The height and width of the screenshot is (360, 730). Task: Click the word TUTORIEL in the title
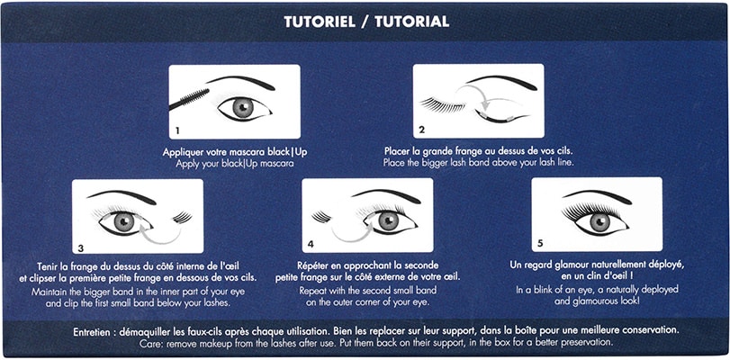coord(320,22)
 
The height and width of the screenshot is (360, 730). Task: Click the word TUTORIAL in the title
coord(411,22)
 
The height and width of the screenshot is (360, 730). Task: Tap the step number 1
coord(177,130)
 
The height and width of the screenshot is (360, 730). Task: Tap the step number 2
coord(422,130)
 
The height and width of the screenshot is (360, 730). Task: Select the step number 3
coord(80,248)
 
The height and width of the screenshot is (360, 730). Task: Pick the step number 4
coord(311,244)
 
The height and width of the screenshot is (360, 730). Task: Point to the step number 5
coord(539,243)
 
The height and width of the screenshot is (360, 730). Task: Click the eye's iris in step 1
coord(243,108)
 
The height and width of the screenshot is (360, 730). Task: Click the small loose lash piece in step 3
coord(182,218)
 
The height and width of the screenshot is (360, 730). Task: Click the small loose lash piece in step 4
coord(321,217)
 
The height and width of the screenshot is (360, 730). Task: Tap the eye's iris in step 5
coord(600,222)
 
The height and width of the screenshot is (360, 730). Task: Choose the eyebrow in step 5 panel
coord(598,194)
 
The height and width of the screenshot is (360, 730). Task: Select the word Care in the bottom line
coord(149,343)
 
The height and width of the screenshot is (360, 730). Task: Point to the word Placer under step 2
coord(397,151)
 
